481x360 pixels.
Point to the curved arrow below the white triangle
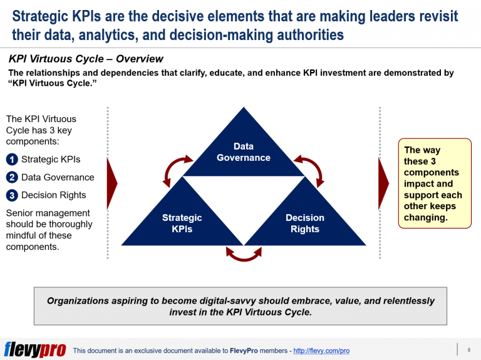click(244, 253)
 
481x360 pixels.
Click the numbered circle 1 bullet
click(12, 160)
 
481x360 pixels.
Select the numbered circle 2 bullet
click(12, 177)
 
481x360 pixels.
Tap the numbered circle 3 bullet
click(12, 195)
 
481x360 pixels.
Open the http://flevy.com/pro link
click(321, 351)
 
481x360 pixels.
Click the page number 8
click(468, 349)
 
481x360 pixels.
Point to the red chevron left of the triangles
click(113, 183)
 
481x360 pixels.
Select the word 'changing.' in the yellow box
click(426, 218)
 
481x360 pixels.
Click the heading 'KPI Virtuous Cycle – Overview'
click(86, 59)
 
